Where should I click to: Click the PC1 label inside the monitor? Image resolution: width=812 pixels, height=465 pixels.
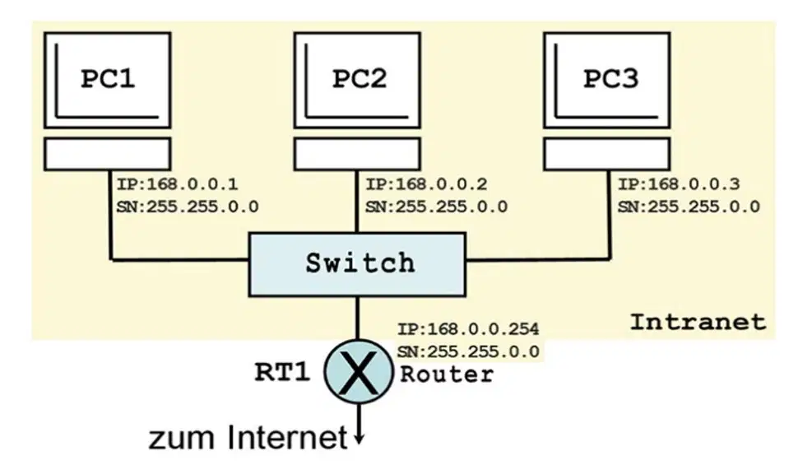(108, 79)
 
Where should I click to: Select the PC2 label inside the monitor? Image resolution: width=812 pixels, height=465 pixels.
(359, 79)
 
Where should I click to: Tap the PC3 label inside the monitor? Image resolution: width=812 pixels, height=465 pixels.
(611, 79)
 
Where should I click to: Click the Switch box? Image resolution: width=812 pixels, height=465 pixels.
(357, 264)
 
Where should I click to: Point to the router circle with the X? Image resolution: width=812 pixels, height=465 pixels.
(358, 372)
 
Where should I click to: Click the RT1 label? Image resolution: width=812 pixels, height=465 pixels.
(282, 372)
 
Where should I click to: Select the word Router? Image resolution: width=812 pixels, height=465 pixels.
(447, 374)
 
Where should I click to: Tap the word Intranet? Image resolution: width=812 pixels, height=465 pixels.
(698, 322)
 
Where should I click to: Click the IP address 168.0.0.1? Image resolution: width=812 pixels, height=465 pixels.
(193, 184)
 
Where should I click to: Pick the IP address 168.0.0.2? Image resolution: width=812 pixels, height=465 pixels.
(441, 184)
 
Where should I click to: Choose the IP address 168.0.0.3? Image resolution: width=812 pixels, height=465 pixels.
(694, 184)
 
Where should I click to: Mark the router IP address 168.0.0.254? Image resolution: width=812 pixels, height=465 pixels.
(484, 329)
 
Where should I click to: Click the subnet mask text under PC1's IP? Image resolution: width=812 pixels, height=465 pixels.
(188, 207)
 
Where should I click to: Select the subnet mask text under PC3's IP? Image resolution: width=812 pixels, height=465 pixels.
(689, 207)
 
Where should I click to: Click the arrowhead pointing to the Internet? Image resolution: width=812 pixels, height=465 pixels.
(359, 439)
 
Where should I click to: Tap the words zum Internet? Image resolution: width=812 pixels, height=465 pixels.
(248, 438)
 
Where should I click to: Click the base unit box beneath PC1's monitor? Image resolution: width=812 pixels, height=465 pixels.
(108, 154)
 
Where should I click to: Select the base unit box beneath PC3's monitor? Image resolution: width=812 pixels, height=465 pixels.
(607, 154)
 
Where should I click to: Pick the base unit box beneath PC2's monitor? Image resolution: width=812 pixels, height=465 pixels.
(357, 154)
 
